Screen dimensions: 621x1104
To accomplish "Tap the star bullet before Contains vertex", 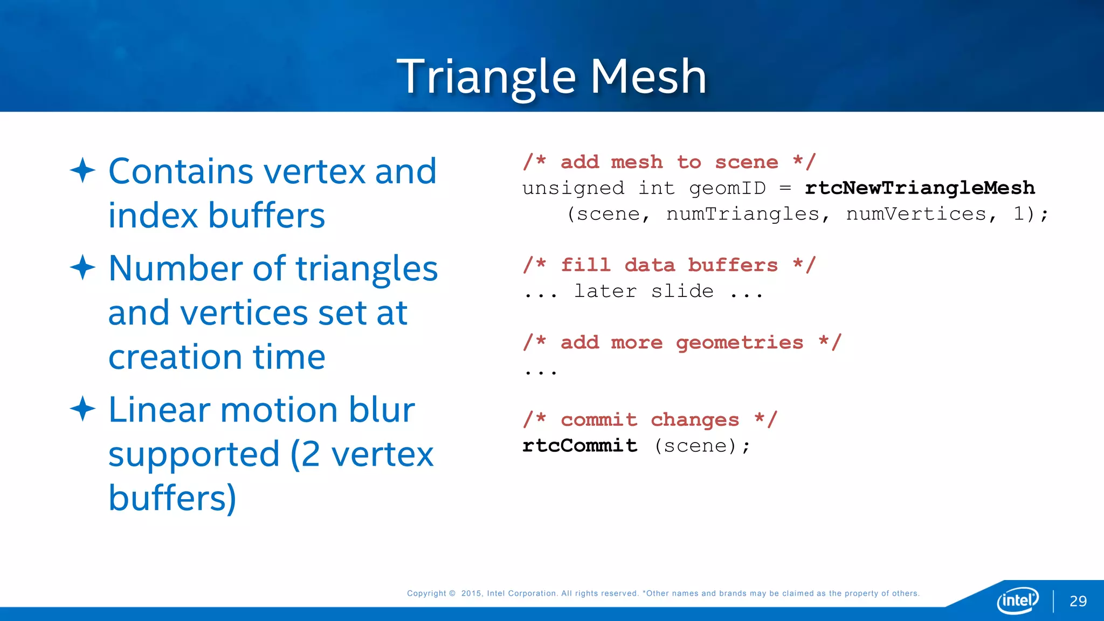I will (82, 170).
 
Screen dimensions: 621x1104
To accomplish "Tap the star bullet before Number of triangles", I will (82, 267).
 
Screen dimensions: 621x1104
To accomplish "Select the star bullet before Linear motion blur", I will (82, 409).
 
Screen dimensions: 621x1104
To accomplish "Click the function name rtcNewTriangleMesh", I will (920, 188).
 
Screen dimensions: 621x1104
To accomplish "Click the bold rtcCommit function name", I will (579, 445).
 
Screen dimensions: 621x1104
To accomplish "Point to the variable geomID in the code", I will (727, 188).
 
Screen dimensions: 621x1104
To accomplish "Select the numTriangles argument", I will (743, 214).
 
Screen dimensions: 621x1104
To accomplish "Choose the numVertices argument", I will (916, 214).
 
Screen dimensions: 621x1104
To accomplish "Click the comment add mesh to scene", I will (669, 162).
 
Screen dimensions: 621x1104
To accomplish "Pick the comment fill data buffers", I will (669, 265).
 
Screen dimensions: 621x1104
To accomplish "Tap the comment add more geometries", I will (682, 342).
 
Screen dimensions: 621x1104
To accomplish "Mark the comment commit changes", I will (650, 419).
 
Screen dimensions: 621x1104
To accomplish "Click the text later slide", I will (644, 291).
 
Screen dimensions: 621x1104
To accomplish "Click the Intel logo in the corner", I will (1017, 600).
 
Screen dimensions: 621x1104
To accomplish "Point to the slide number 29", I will (1078, 601).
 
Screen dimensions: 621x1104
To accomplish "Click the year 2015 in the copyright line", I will (471, 594).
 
